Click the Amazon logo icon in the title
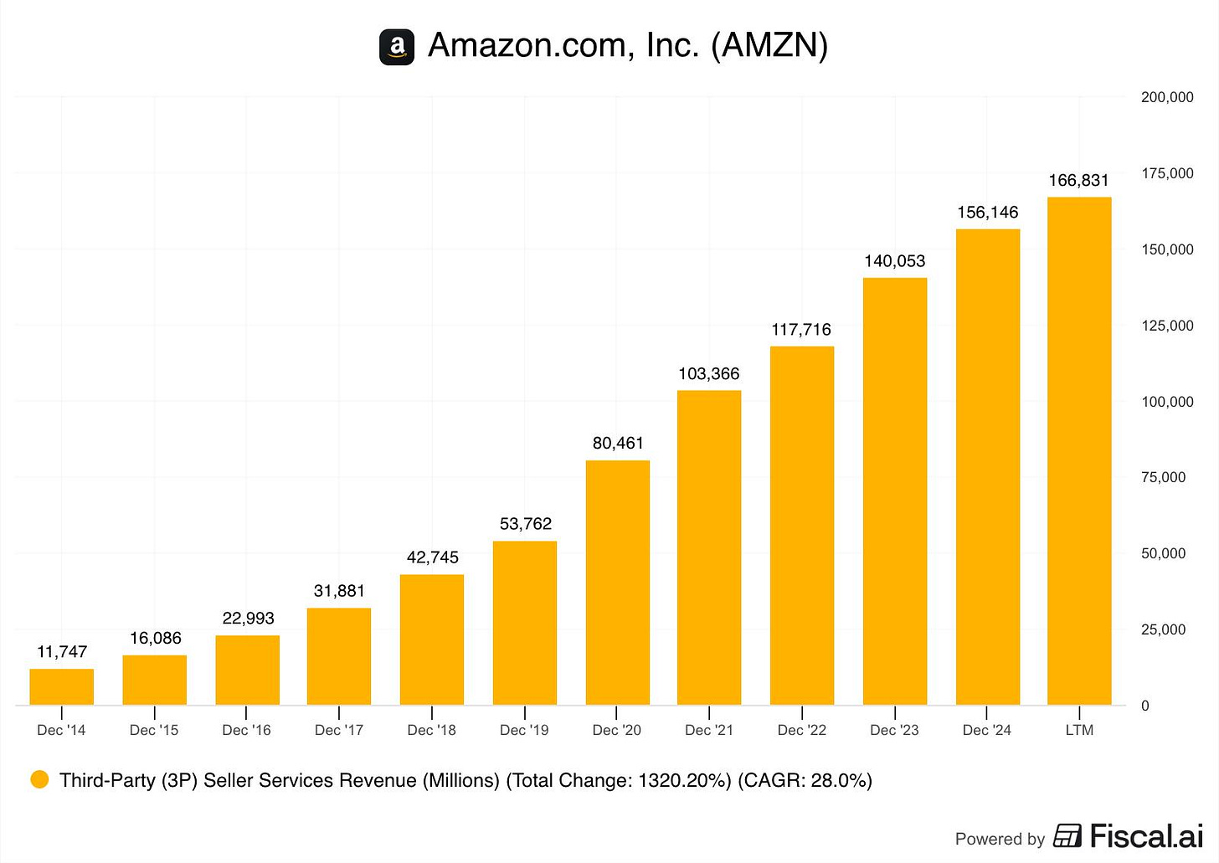[397, 47]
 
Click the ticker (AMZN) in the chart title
[769, 45]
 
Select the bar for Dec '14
[62, 686]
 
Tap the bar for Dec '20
[618, 583]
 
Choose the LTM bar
[1079, 451]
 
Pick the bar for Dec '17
[339, 656]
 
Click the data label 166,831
[1078, 181]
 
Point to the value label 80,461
[618, 444]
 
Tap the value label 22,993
[248, 619]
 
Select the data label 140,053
[894, 261]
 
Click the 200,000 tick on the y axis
[1167, 97]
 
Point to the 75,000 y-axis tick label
[1163, 477]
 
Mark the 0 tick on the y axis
[1145, 706]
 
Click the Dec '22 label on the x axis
[801, 730]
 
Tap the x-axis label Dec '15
[154, 730]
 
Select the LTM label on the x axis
[1079, 730]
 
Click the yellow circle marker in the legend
[39, 780]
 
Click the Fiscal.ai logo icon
[1067, 835]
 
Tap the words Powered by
[1000, 839]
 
